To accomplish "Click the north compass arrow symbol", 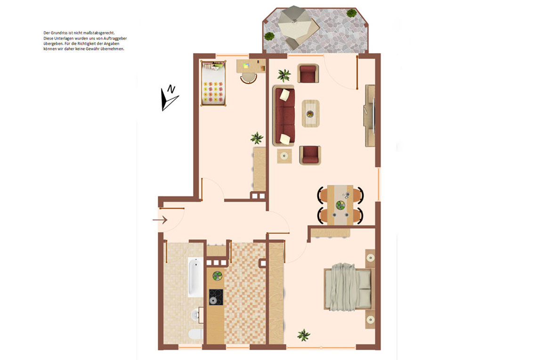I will tap(169, 98).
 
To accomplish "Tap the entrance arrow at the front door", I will tap(160, 220).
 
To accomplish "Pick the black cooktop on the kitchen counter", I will tap(216, 297).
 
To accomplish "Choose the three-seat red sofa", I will tap(284, 116).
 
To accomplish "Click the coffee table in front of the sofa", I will tap(310, 113).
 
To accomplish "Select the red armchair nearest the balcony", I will tap(309, 74).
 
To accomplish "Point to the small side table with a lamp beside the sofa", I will tap(284, 156).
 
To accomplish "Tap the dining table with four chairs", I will tap(340, 205).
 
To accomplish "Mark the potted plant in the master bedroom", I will tap(304, 335).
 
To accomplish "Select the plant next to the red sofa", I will tap(284, 75).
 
